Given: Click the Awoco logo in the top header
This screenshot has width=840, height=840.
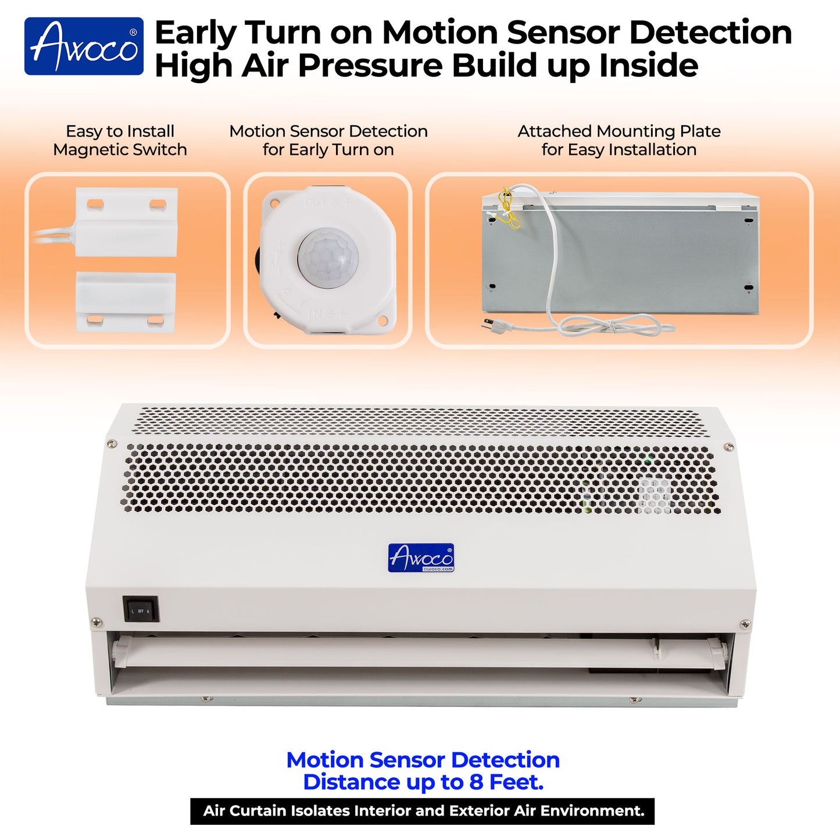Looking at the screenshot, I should [84, 47].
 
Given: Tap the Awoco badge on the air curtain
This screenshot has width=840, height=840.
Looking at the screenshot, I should [421, 558].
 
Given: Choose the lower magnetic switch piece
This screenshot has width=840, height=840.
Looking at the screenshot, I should [126, 302].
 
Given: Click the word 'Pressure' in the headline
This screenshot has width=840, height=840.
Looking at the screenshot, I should [370, 65].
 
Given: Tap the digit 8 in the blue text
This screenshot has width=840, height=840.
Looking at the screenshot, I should [476, 782].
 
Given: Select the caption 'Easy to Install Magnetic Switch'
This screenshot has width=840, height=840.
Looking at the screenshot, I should [120, 140].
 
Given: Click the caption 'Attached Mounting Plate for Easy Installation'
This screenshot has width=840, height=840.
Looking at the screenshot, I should [619, 140].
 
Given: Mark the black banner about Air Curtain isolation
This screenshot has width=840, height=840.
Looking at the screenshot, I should [423, 811].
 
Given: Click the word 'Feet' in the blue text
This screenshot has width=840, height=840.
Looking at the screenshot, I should [515, 782].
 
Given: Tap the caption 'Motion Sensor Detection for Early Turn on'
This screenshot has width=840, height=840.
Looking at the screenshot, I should [328, 140].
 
